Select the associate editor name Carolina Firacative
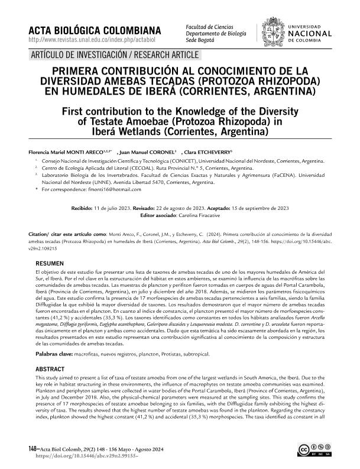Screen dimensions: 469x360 pos(200,216)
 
